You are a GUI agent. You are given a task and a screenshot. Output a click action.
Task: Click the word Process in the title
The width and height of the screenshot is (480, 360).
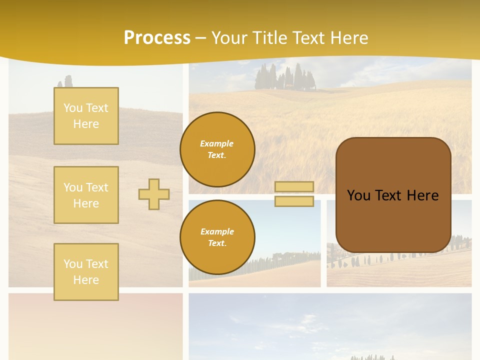click(157, 38)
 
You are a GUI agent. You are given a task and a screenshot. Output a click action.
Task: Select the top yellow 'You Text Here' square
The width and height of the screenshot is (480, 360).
click(86, 116)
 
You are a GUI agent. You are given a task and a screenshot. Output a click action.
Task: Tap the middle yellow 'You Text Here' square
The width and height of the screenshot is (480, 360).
click(86, 195)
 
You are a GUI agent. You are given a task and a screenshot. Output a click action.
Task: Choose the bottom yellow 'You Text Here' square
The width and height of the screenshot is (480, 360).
click(86, 271)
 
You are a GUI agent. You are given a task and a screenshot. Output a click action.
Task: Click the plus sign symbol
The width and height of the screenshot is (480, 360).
click(154, 194)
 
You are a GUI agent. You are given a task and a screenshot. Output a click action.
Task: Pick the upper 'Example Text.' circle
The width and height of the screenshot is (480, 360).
click(217, 149)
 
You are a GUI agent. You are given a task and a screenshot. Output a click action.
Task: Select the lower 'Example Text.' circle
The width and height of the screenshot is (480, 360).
click(217, 237)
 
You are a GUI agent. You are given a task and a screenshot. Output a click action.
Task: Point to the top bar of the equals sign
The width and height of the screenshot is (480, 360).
click(294, 186)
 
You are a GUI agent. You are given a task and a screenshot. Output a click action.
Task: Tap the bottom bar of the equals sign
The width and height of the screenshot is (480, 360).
click(294, 201)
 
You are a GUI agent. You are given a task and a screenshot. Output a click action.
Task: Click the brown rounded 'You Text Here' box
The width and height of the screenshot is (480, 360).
click(393, 220)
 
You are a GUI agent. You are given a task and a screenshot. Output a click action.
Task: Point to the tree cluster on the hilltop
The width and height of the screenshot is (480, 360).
click(285, 77)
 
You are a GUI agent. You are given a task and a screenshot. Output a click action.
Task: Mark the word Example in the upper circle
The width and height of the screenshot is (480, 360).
click(217, 143)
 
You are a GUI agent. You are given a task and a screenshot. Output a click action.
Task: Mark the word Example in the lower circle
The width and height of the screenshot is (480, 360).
click(217, 231)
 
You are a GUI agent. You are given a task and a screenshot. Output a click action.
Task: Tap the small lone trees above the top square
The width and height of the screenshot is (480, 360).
click(66, 81)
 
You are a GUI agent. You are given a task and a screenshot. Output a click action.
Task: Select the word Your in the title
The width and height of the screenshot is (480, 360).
click(228, 38)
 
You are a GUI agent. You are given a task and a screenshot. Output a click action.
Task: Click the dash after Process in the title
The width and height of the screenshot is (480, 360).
click(200, 38)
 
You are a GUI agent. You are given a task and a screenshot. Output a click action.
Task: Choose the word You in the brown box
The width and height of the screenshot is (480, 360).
click(358, 195)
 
